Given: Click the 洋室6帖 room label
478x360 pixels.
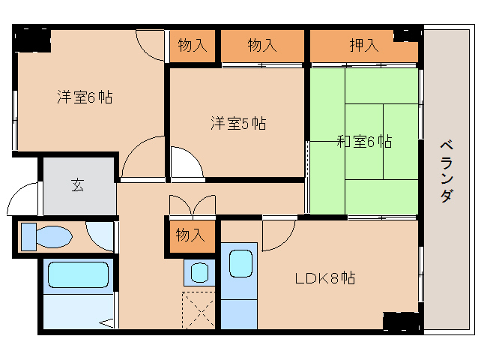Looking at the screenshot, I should pyautogui.click(x=85, y=97).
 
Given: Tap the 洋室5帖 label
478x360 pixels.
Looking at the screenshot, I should pyautogui.click(x=238, y=123).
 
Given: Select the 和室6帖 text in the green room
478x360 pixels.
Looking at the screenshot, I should pyautogui.click(x=363, y=140).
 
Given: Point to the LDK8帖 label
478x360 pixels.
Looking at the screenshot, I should pyautogui.click(x=324, y=277).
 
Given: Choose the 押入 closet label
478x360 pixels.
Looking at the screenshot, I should pyautogui.click(x=363, y=46).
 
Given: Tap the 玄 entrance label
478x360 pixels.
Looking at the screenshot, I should pyautogui.click(x=78, y=184).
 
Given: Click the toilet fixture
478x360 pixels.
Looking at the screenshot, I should pyautogui.click(x=46, y=238).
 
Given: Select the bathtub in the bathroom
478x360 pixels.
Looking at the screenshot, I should pyautogui.click(x=78, y=274).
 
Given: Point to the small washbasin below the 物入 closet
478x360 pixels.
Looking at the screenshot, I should pyautogui.click(x=199, y=271).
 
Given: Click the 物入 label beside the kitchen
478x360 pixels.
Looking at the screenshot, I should pyautogui.click(x=190, y=235).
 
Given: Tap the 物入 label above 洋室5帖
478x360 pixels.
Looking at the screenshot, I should pyautogui.click(x=262, y=46).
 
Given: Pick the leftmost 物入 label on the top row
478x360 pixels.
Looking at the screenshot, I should pyautogui.click(x=192, y=46).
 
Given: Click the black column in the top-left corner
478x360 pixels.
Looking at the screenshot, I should pyautogui.click(x=31, y=38).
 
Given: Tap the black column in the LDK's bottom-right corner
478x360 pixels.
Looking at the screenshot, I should pyautogui.click(x=401, y=321).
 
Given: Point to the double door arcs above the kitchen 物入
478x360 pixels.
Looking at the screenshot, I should pyautogui.click(x=193, y=205).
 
